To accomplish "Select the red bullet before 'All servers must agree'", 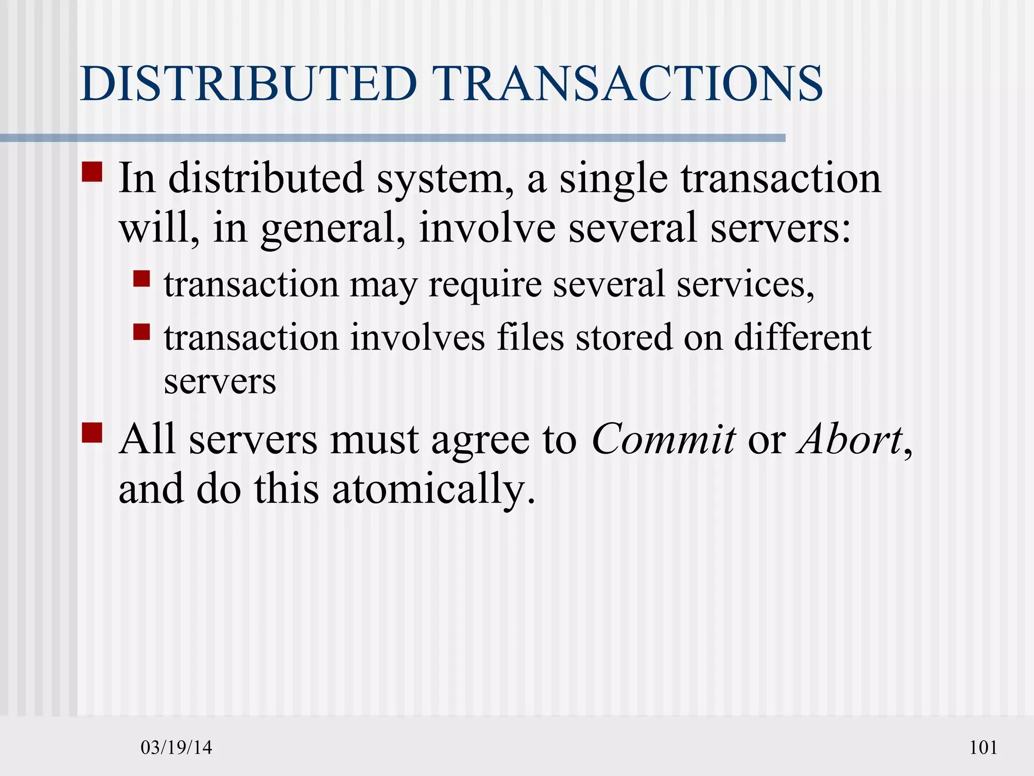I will (92, 433).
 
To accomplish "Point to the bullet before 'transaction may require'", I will (142, 279).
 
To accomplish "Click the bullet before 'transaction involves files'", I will (142, 332).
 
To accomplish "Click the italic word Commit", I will (663, 440).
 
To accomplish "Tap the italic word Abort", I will (849, 440).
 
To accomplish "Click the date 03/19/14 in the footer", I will (176, 747).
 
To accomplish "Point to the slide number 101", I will (983, 747).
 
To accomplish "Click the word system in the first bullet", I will (445, 180).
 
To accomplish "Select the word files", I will (530, 337).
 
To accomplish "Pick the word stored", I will (624, 337).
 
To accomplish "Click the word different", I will (802, 337).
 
